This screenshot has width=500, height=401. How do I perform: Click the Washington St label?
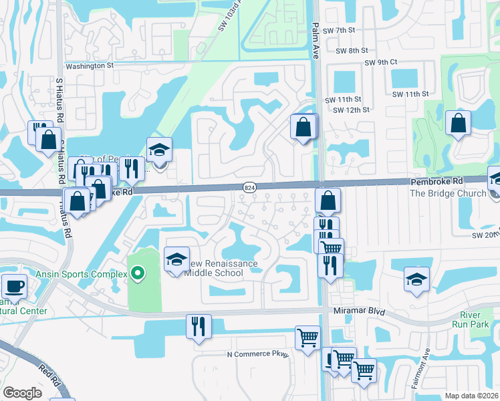(89, 65)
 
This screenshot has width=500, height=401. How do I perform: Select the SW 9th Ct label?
(380, 62)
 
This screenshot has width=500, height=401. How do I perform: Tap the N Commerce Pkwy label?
(257, 354)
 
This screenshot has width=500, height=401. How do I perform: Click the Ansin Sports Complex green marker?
(137, 272)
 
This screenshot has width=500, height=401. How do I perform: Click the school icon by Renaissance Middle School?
(176, 259)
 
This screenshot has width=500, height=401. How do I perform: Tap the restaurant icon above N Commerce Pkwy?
(199, 326)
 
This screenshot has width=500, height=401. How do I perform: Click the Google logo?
(22, 393)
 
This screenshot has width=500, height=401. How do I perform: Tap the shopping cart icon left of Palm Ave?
(307, 338)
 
